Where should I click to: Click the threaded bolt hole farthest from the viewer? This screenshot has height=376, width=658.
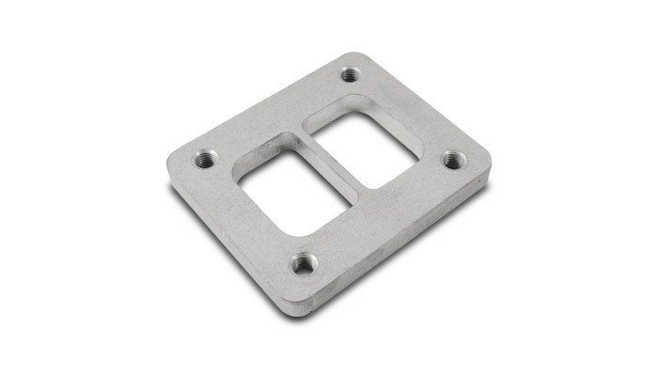pyautogui.click(x=350, y=73)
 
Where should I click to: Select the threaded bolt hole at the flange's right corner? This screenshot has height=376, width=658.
pyautogui.click(x=453, y=159)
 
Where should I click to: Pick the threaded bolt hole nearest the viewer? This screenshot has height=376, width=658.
pyautogui.click(x=303, y=263)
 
